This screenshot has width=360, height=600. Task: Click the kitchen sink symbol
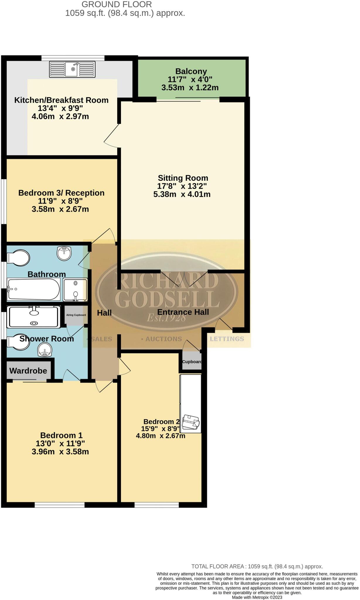(x=72, y=69)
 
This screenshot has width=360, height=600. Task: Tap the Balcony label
(x=191, y=71)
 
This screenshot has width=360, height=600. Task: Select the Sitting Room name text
(x=183, y=178)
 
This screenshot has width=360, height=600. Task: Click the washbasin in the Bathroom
(x=64, y=253)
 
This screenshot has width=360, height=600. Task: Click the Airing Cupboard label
(x=76, y=315)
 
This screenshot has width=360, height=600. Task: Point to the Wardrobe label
(x=28, y=371)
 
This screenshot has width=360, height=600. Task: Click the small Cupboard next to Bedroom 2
(x=191, y=362)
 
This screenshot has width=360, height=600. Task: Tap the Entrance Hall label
(x=183, y=312)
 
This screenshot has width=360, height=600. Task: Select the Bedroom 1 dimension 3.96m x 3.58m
(x=60, y=451)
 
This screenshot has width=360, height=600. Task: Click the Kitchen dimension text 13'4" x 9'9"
(x=60, y=108)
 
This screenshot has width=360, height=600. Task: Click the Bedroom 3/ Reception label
(x=61, y=193)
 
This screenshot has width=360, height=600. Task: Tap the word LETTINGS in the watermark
(x=227, y=339)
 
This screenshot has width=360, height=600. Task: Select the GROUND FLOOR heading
(x=117, y=4)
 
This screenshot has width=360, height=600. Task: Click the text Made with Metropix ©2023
(x=257, y=597)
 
